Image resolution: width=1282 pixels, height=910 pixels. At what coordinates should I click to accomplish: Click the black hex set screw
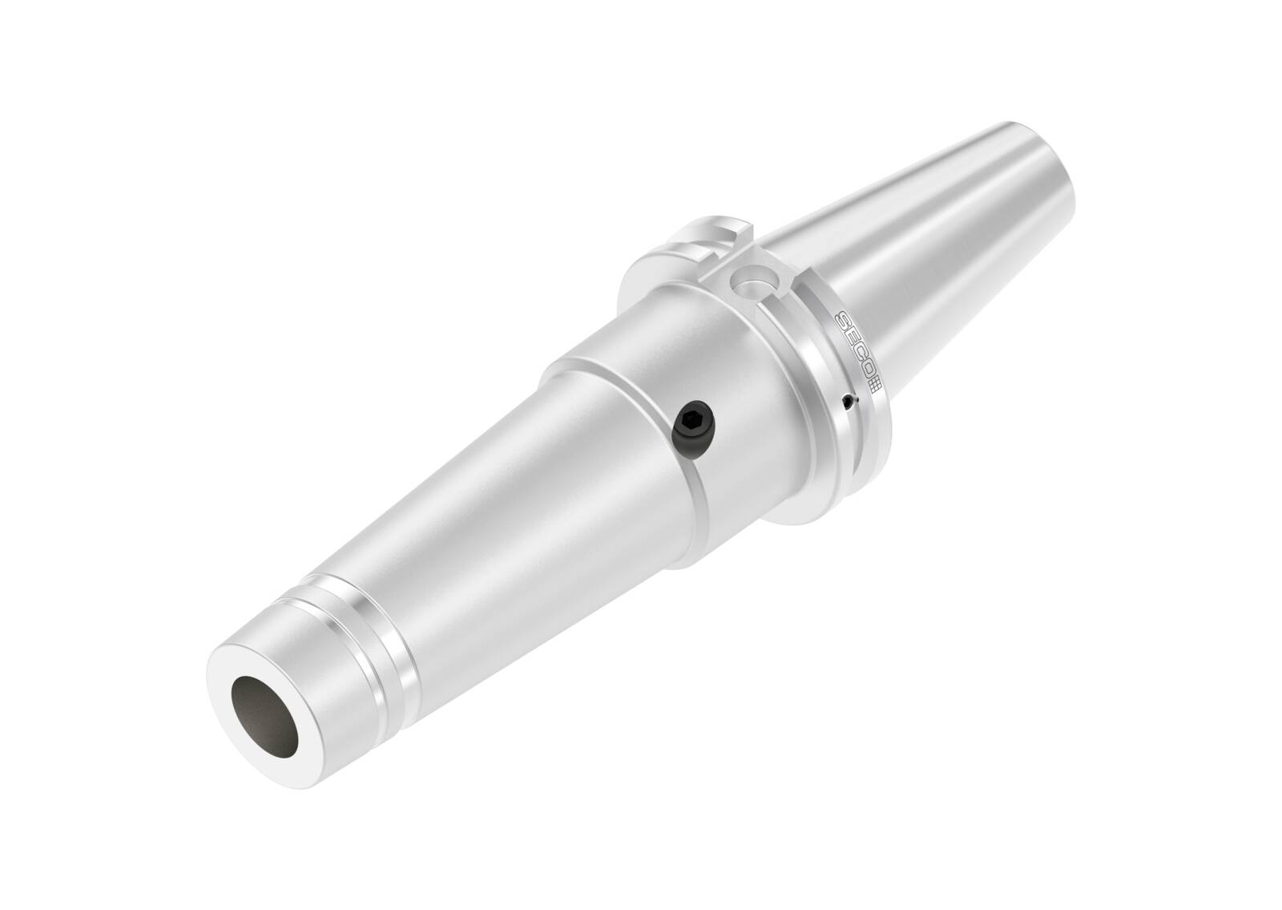tap(690, 420)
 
